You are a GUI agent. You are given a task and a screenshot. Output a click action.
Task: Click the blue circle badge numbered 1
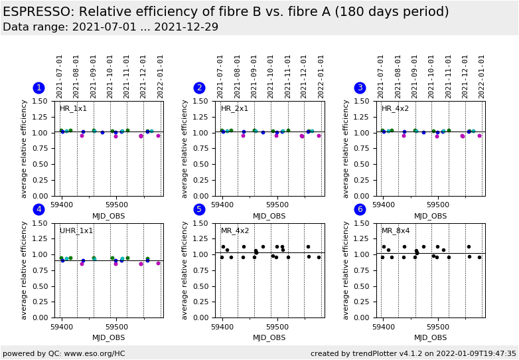pos(38,88)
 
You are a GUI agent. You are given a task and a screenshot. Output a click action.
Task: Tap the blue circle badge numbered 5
pos(199,210)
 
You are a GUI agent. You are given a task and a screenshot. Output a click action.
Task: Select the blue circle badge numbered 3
pos(360,88)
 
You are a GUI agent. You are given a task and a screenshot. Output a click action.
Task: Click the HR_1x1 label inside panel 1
pos(73,109)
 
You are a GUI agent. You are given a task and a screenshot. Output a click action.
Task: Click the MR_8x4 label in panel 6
pos(396,231)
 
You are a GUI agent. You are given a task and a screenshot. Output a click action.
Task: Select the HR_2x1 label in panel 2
pos(234,109)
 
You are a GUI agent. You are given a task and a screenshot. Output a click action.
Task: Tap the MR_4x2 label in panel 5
pos(235,231)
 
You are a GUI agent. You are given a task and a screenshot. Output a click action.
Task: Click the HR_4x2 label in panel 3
pos(395,109)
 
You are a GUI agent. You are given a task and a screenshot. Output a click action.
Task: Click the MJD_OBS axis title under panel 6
pos(430,337)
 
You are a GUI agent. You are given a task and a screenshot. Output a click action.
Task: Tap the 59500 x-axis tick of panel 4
pos(116,327)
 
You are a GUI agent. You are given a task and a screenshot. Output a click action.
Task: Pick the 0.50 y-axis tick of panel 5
pos(203,286)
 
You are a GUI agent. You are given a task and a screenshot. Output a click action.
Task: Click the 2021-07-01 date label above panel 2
pos(220,76)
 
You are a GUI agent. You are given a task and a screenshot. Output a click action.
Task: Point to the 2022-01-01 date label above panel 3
pos(482,76)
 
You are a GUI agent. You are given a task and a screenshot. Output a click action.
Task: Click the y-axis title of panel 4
pos(25,270)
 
